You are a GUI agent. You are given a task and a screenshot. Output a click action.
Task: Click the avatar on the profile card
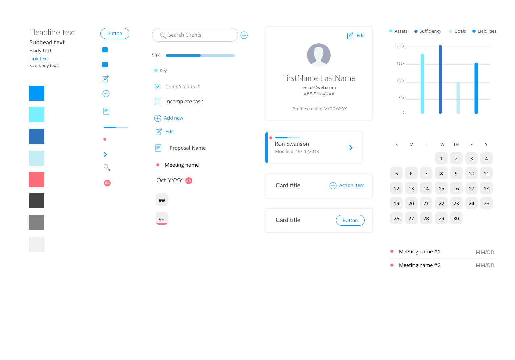(318, 55)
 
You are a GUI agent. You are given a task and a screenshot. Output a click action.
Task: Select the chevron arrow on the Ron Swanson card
(351, 148)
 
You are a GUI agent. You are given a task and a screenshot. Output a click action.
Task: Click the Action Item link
(347, 185)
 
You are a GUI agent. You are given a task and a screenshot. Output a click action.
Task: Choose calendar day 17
(471, 188)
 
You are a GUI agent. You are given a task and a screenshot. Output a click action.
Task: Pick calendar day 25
(486, 203)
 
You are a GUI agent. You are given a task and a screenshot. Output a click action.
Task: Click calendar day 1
(441, 158)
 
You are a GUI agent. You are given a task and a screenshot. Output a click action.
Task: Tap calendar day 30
(456, 218)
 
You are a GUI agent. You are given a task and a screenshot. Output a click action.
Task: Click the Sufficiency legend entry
(428, 31)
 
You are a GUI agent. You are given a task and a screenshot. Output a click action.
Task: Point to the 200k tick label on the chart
(400, 46)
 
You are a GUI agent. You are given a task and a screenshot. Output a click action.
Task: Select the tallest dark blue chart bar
(440, 79)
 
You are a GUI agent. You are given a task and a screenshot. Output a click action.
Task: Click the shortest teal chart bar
(458, 98)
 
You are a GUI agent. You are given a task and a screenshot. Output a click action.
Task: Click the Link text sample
(39, 59)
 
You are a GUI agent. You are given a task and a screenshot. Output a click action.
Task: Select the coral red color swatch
(37, 179)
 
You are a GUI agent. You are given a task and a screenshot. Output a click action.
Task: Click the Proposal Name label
(187, 148)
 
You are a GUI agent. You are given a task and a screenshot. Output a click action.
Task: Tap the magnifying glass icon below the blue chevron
(107, 167)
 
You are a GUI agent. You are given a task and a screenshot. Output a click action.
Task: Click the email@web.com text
(319, 87)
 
